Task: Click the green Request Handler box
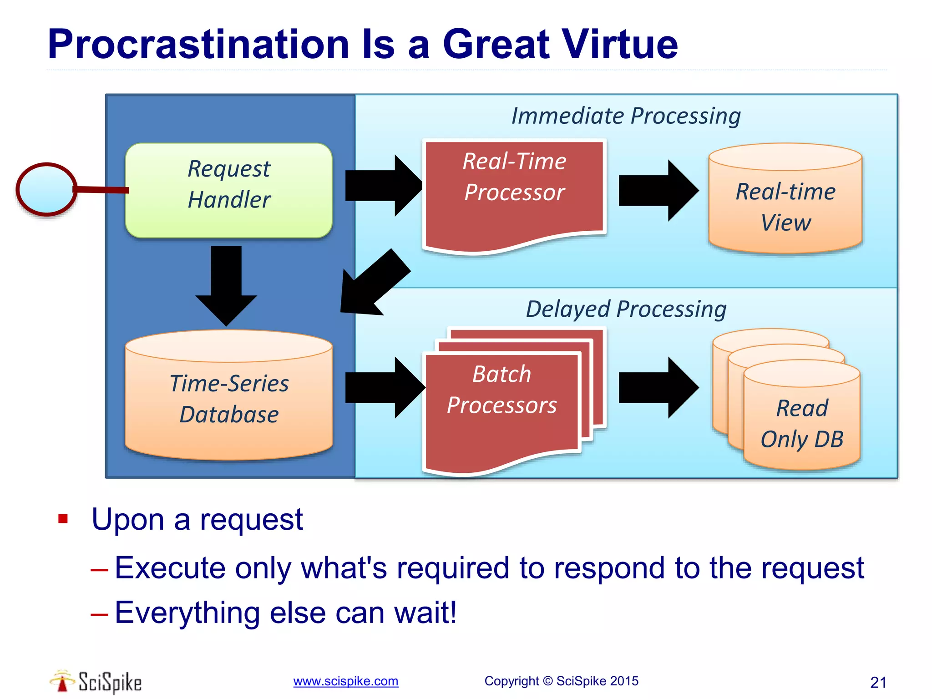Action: [x=229, y=190]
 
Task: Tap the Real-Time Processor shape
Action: [x=514, y=191]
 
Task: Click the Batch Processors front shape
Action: [x=502, y=400]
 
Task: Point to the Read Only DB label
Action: [x=802, y=423]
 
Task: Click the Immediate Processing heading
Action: [x=626, y=116]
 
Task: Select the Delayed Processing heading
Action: [x=626, y=309]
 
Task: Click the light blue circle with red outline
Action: [x=46, y=189]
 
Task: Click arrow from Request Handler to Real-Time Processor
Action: [x=382, y=186]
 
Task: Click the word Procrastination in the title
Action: [x=198, y=44]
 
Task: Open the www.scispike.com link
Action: [x=345, y=681]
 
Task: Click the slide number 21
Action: [x=878, y=682]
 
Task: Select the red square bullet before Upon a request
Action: [x=63, y=519]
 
